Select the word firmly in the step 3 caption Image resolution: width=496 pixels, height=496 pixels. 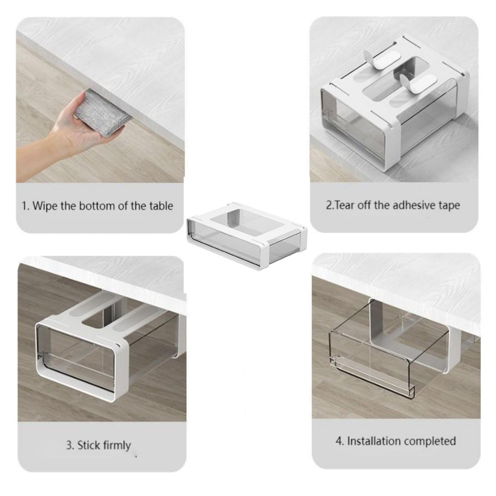117,446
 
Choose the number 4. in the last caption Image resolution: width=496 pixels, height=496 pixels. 340,441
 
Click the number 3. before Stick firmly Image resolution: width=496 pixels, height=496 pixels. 70,445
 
